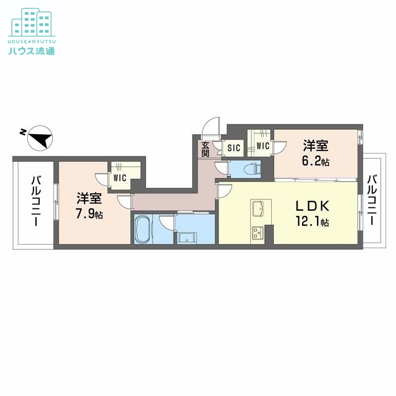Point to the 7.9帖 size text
(x=89, y=215)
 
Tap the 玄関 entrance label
(x=205, y=148)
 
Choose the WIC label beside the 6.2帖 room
(x=262, y=146)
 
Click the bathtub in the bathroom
(x=144, y=230)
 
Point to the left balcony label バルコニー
(x=36, y=201)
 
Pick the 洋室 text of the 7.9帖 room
(x=89, y=199)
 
